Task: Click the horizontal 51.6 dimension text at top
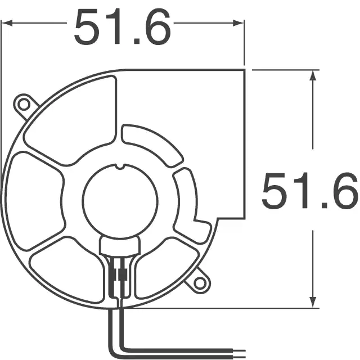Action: coord(123,26)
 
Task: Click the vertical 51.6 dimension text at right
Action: coord(310,191)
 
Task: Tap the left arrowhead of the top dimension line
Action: coord(7,23)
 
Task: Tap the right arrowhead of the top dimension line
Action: coord(238,23)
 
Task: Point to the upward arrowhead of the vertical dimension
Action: coord(313,75)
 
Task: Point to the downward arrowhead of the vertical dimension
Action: coord(313,302)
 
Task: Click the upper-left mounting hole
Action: coord(24,105)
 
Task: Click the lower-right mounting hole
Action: coord(200,282)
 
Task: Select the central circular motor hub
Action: coord(120,201)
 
